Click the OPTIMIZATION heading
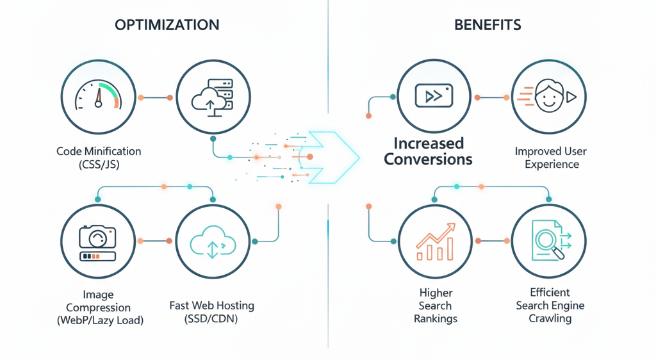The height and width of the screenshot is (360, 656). pos(167,25)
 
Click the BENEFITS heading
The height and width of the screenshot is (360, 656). pos(488,25)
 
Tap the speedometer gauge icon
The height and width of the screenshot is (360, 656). pos(97,97)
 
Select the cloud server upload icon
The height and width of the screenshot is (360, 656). pos(212,97)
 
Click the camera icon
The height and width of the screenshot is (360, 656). pos(97,241)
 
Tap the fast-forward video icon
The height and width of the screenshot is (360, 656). pos(434,96)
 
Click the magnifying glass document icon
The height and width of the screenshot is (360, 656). pos(550,241)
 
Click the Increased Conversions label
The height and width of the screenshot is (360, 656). pos(428,151)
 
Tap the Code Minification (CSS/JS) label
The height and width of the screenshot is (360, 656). pos(98,158)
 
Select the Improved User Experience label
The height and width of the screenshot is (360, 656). pos(551,158)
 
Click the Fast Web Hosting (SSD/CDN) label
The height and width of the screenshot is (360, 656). pos(212,312)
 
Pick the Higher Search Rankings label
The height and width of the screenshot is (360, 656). pos(435,305)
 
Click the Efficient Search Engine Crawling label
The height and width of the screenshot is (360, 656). pos(550,305)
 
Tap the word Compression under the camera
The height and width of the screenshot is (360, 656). pos(98,307)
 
